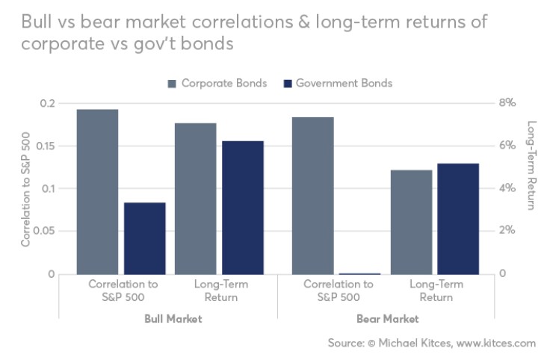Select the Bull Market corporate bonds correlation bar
tap(97, 192)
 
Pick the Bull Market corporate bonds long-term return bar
tap(195, 199)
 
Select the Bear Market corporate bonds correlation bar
tap(312, 196)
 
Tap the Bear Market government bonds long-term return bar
tap(458, 219)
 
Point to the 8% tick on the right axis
tap(508, 103)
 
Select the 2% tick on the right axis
tap(508, 232)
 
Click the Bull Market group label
tap(173, 319)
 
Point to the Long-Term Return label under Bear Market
tap(436, 291)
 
